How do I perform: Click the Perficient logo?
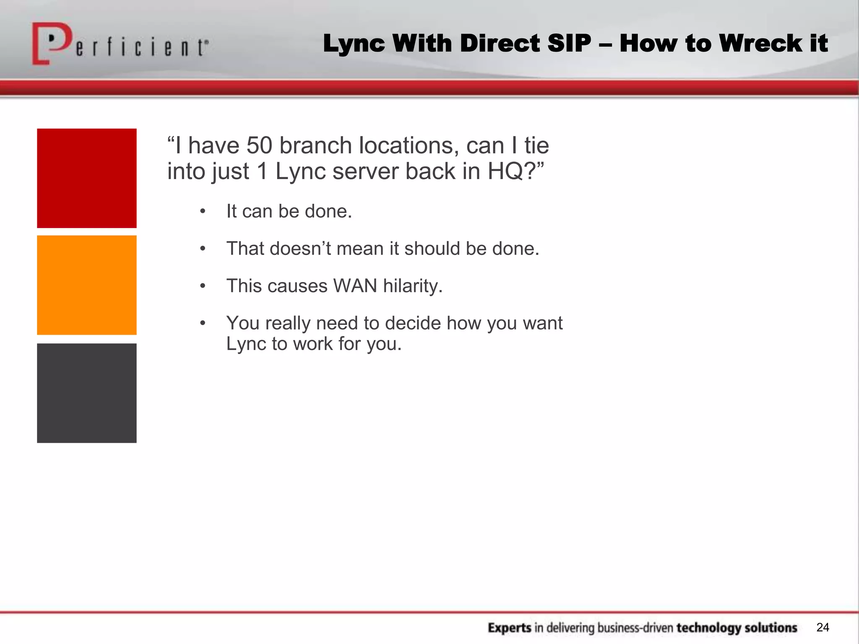[x=120, y=44]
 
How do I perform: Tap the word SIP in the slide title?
[x=570, y=43]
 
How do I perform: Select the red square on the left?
[x=87, y=178]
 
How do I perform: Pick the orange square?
[x=87, y=285]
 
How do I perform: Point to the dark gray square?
[x=87, y=393]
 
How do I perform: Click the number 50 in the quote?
[x=259, y=145]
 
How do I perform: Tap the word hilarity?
[x=413, y=286]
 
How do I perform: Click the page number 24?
[x=823, y=627]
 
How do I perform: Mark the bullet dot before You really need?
[x=203, y=323]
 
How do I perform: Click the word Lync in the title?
[x=354, y=43]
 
